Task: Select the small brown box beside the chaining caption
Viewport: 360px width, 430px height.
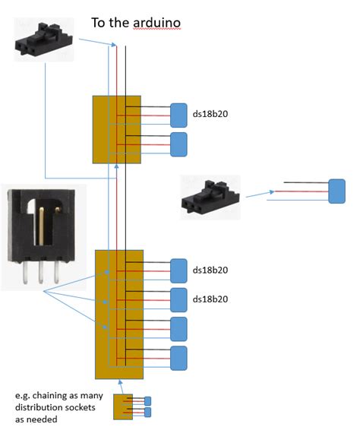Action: point(122,406)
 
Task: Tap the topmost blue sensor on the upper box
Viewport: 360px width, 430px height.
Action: point(178,115)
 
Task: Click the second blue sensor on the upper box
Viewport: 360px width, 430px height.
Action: point(178,144)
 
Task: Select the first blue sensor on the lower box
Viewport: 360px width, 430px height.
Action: point(178,270)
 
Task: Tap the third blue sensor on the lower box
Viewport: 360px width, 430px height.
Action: point(178,328)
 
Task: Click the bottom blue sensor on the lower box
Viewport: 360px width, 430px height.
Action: point(178,357)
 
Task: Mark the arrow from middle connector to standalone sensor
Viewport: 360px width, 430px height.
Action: point(260,194)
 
